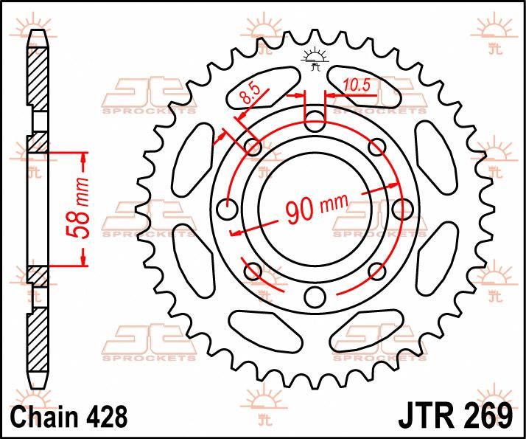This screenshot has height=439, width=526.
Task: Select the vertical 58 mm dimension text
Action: tap(83, 210)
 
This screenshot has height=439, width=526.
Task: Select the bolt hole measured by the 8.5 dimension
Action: tap(253, 147)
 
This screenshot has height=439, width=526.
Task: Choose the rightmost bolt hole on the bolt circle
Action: tap(402, 209)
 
